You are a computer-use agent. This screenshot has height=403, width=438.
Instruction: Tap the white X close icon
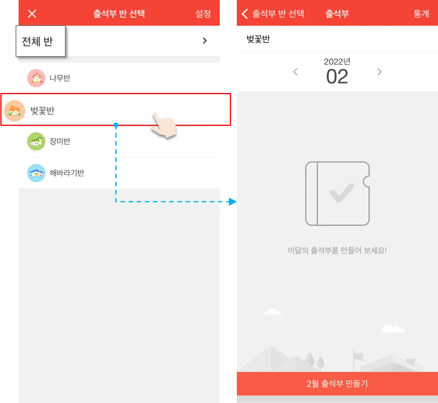(32, 14)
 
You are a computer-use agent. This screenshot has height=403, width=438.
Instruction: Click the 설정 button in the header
(203, 14)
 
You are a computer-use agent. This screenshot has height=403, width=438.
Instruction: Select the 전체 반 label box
(41, 41)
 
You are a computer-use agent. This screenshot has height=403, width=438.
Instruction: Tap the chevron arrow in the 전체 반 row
(205, 41)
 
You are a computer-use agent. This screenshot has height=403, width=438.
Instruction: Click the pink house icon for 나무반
(36, 78)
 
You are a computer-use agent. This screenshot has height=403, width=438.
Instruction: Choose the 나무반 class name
(60, 78)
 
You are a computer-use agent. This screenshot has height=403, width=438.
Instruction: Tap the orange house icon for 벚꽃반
(15, 111)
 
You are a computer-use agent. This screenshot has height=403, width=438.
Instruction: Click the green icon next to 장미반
(36, 141)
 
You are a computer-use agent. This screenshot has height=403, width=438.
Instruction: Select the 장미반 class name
(60, 141)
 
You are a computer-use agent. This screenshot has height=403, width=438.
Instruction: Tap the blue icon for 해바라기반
(36, 173)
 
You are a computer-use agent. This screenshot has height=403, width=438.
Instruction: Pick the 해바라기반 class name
(67, 173)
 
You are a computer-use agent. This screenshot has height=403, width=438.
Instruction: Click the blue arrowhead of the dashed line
(233, 201)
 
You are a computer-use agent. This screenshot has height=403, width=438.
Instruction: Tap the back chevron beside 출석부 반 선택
(245, 14)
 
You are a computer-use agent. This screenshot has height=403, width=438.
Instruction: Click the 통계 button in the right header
(421, 14)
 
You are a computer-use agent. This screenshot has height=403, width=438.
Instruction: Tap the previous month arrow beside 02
(296, 72)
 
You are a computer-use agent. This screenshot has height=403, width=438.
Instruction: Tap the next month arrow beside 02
(379, 72)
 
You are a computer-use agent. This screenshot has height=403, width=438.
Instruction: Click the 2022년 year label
(337, 62)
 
